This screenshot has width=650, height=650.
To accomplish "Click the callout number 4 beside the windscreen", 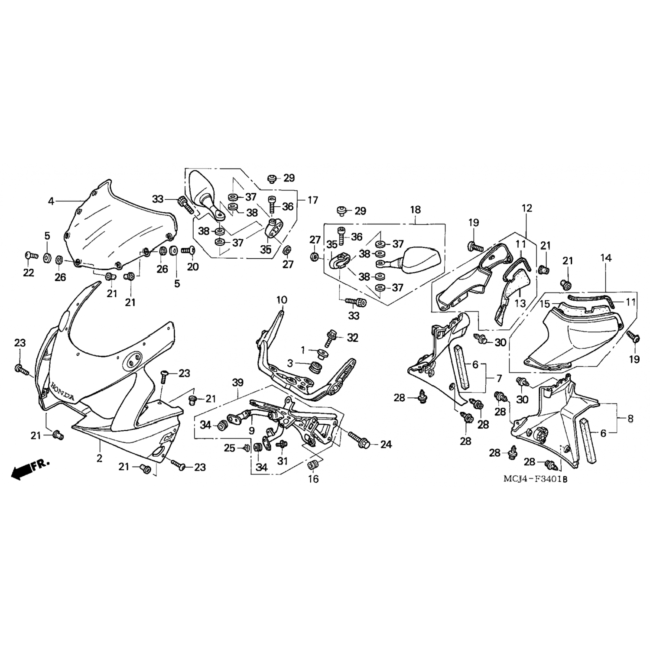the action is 51,201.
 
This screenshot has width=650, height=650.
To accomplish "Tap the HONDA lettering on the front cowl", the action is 62,392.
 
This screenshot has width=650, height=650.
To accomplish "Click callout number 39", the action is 238,383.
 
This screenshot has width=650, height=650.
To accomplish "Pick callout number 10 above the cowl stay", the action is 282,300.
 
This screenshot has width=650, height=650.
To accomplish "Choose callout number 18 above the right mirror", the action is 415,210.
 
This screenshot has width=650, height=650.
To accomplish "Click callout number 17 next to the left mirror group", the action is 313,200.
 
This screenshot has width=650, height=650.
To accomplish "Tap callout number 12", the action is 526,208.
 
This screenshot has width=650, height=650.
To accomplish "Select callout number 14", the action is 606,258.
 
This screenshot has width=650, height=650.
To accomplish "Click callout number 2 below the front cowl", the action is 100,458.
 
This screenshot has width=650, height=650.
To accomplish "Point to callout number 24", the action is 386,444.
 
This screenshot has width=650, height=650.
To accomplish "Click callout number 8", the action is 630,419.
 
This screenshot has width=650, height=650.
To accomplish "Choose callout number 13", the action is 520,303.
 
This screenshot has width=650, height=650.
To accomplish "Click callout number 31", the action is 283,461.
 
